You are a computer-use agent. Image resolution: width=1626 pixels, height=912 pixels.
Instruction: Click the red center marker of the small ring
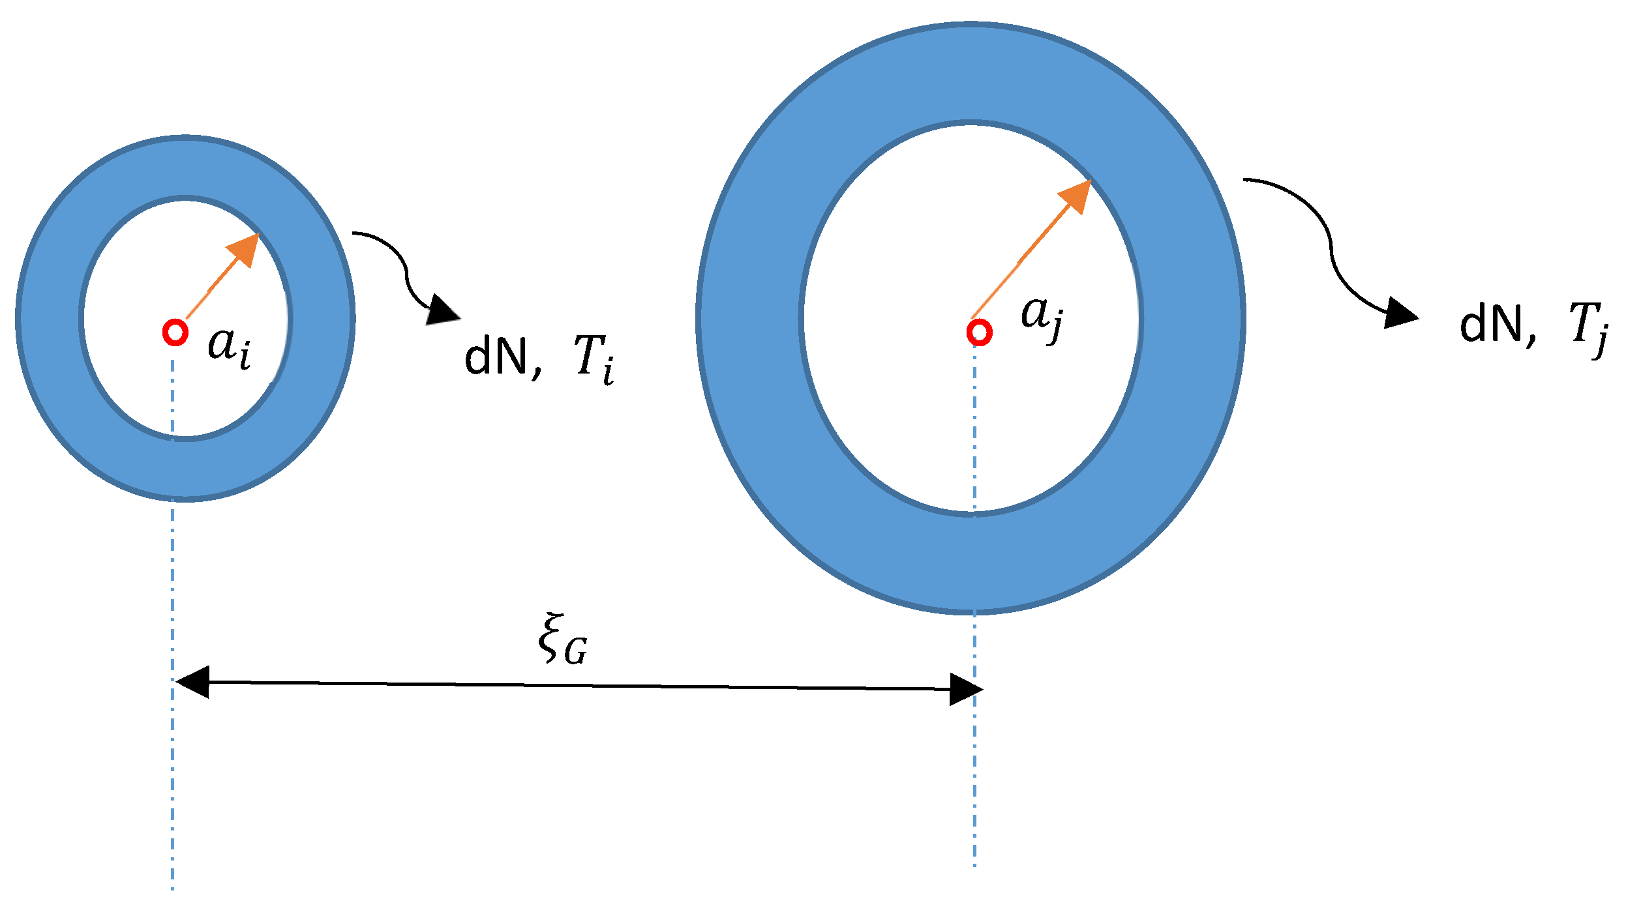(x=175, y=332)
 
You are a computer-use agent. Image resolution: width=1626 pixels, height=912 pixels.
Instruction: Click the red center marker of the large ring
(x=979, y=332)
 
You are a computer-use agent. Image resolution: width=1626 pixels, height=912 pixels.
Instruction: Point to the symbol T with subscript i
(x=594, y=359)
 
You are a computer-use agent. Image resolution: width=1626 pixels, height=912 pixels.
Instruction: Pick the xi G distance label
(x=562, y=640)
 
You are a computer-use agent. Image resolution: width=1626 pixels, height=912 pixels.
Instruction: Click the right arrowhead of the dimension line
(x=965, y=689)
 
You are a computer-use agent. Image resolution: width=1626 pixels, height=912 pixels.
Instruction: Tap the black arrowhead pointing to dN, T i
(x=442, y=312)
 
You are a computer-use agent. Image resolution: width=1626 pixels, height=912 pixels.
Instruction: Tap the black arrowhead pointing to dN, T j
(x=1399, y=314)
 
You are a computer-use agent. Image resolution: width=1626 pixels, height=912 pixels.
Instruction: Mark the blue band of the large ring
(x=750, y=319)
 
